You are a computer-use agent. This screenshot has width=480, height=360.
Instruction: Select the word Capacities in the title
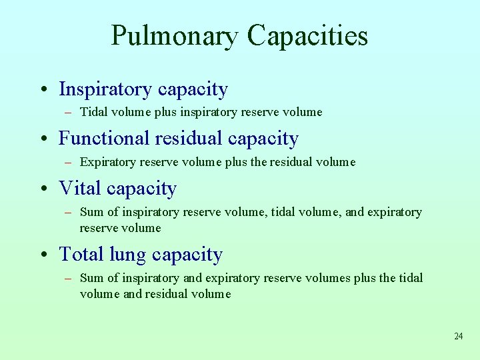coord(307,35)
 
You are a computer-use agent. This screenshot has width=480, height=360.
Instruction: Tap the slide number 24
coord(458,336)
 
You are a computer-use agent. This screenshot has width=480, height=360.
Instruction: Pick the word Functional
coord(104,139)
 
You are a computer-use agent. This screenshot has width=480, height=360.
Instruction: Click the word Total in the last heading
coord(81,254)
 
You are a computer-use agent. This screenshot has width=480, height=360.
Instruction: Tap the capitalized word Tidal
coord(93,112)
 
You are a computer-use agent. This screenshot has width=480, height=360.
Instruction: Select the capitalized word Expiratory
coord(107,162)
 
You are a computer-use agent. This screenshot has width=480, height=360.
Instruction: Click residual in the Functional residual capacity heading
coord(189,139)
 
